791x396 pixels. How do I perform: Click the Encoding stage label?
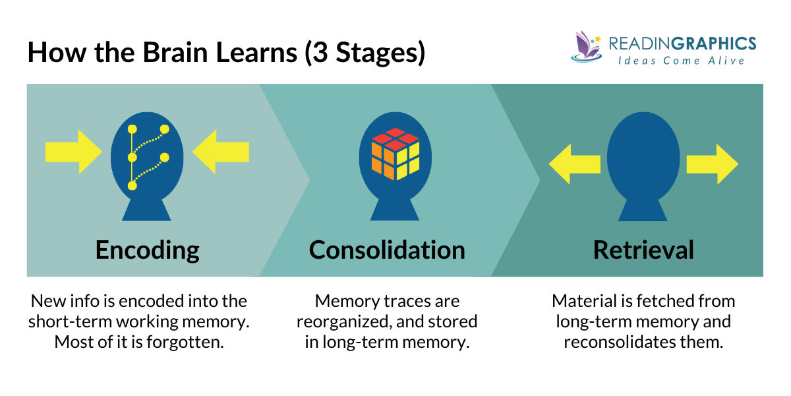pyautogui.click(x=147, y=250)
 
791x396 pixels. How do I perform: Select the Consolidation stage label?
pyautogui.click(x=387, y=250)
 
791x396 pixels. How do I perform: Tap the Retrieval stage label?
pyautogui.click(x=643, y=250)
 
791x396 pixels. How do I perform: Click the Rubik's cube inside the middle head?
pyautogui.click(x=395, y=153)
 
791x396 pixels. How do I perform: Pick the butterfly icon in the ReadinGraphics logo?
pyautogui.click(x=585, y=46)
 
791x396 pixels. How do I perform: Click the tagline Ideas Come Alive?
pyautogui.click(x=682, y=61)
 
